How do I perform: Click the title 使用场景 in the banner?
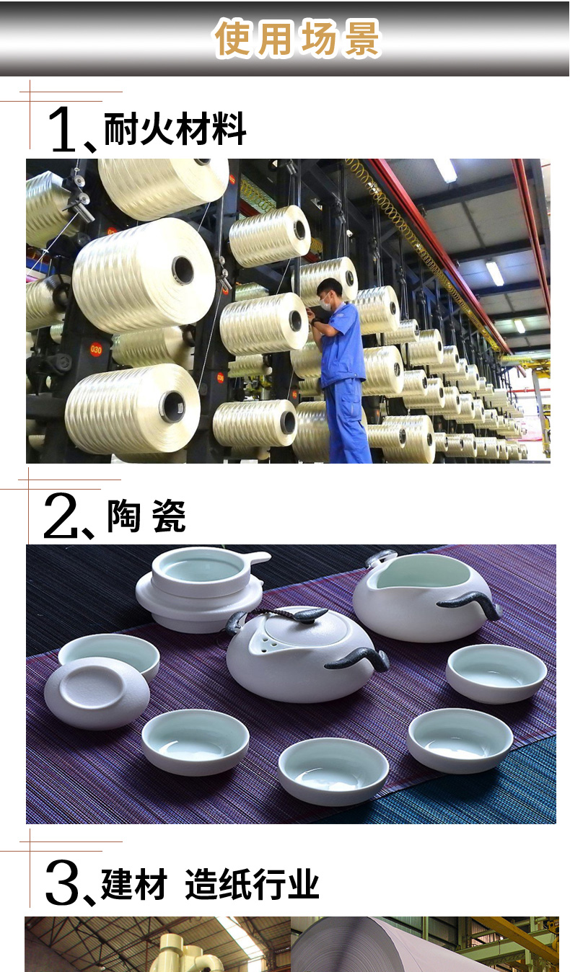(297, 38)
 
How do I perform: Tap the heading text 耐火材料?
(175, 129)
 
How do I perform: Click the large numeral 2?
(61, 515)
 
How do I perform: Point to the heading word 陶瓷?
(146, 516)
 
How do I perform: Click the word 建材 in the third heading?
(133, 884)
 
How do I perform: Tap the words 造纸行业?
(252, 884)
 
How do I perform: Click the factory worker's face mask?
(325, 304)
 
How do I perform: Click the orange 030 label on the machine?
(96, 349)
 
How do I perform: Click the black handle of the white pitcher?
(471, 601)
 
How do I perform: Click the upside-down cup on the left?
(97, 692)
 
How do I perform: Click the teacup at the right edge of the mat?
(496, 673)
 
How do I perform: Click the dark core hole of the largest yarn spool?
(183, 270)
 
